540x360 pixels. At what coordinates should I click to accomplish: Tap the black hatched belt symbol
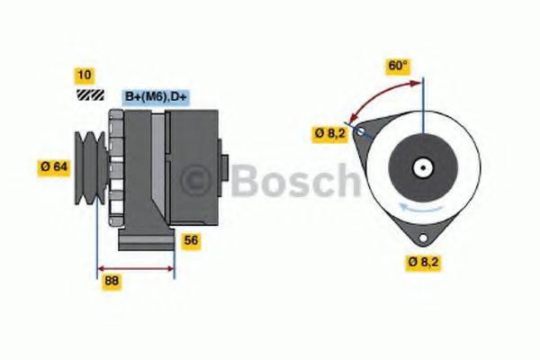tap(88, 94)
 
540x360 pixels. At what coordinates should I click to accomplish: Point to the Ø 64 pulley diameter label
tap(55, 166)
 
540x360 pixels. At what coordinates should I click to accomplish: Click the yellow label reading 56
tap(190, 240)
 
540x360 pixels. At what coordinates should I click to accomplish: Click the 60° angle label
tap(397, 66)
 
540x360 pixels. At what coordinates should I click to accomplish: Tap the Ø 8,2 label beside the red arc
tap(329, 134)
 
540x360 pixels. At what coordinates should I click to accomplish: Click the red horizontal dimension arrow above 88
tap(135, 268)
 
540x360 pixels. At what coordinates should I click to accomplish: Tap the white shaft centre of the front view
tap(420, 167)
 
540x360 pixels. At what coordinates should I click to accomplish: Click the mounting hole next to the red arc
tap(361, 132)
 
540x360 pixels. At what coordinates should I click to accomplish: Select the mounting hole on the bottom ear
tap(420, 236)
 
